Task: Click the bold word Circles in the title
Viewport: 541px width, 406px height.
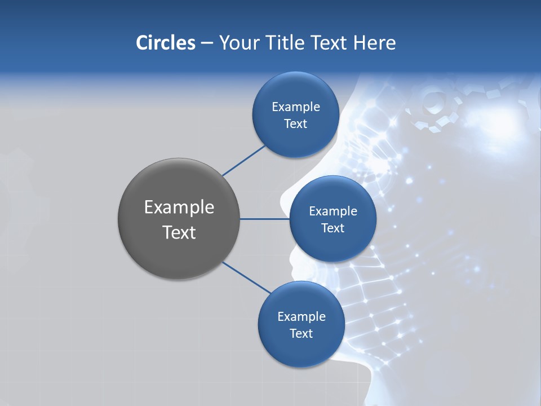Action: (165, 43)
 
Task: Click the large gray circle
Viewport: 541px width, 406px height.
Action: (179, 219)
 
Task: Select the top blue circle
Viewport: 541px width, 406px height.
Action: (295, 115)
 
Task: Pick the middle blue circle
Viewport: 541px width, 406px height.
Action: (332, 219)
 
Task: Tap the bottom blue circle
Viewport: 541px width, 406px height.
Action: (301, 325)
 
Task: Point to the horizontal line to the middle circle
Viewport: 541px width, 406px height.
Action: (264, 219)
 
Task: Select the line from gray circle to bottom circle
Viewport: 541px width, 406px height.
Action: (246, 277)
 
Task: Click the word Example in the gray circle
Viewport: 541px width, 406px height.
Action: (179, 207)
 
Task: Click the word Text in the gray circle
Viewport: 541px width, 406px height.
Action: (179, 232)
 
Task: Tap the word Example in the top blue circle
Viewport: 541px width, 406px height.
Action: (295, 107)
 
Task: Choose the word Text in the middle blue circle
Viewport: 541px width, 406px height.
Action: (332, 228)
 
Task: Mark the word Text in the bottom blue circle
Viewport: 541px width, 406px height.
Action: (301, 333)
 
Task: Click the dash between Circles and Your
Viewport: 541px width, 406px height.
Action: (206, 43)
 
